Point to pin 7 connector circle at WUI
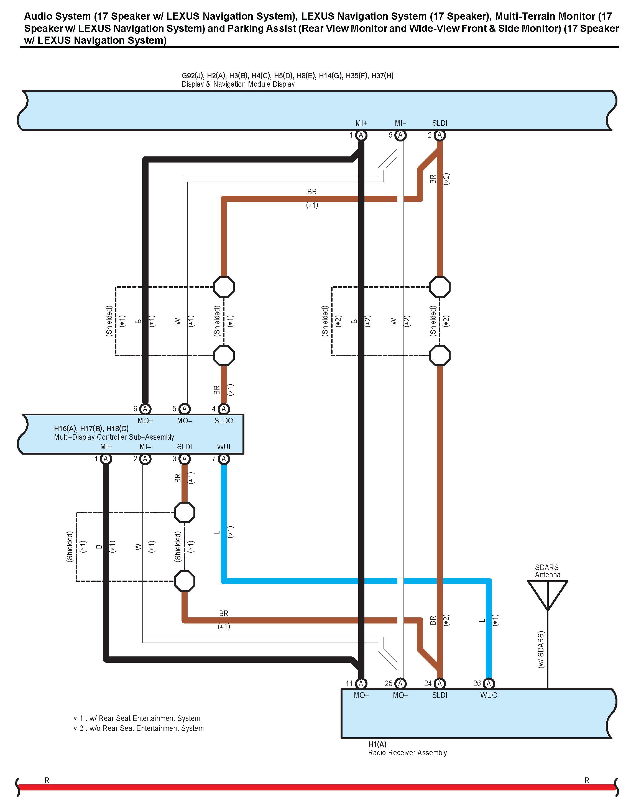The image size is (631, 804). [224, 459]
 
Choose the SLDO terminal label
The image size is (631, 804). [224, 421]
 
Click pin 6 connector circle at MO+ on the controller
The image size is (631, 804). [145, 409]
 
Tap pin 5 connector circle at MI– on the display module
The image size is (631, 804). [400, 135]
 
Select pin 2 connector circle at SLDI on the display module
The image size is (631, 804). [439, 135]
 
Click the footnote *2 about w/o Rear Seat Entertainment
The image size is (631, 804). [139, 728]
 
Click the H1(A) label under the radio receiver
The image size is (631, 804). [377, 744]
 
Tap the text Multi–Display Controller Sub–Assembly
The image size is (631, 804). [114, 437]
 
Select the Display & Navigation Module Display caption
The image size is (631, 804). [238, 84]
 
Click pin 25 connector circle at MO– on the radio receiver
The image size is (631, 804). [400, 684]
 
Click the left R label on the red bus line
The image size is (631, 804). [47, 780]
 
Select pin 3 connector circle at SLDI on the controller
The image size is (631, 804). [184, 459]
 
